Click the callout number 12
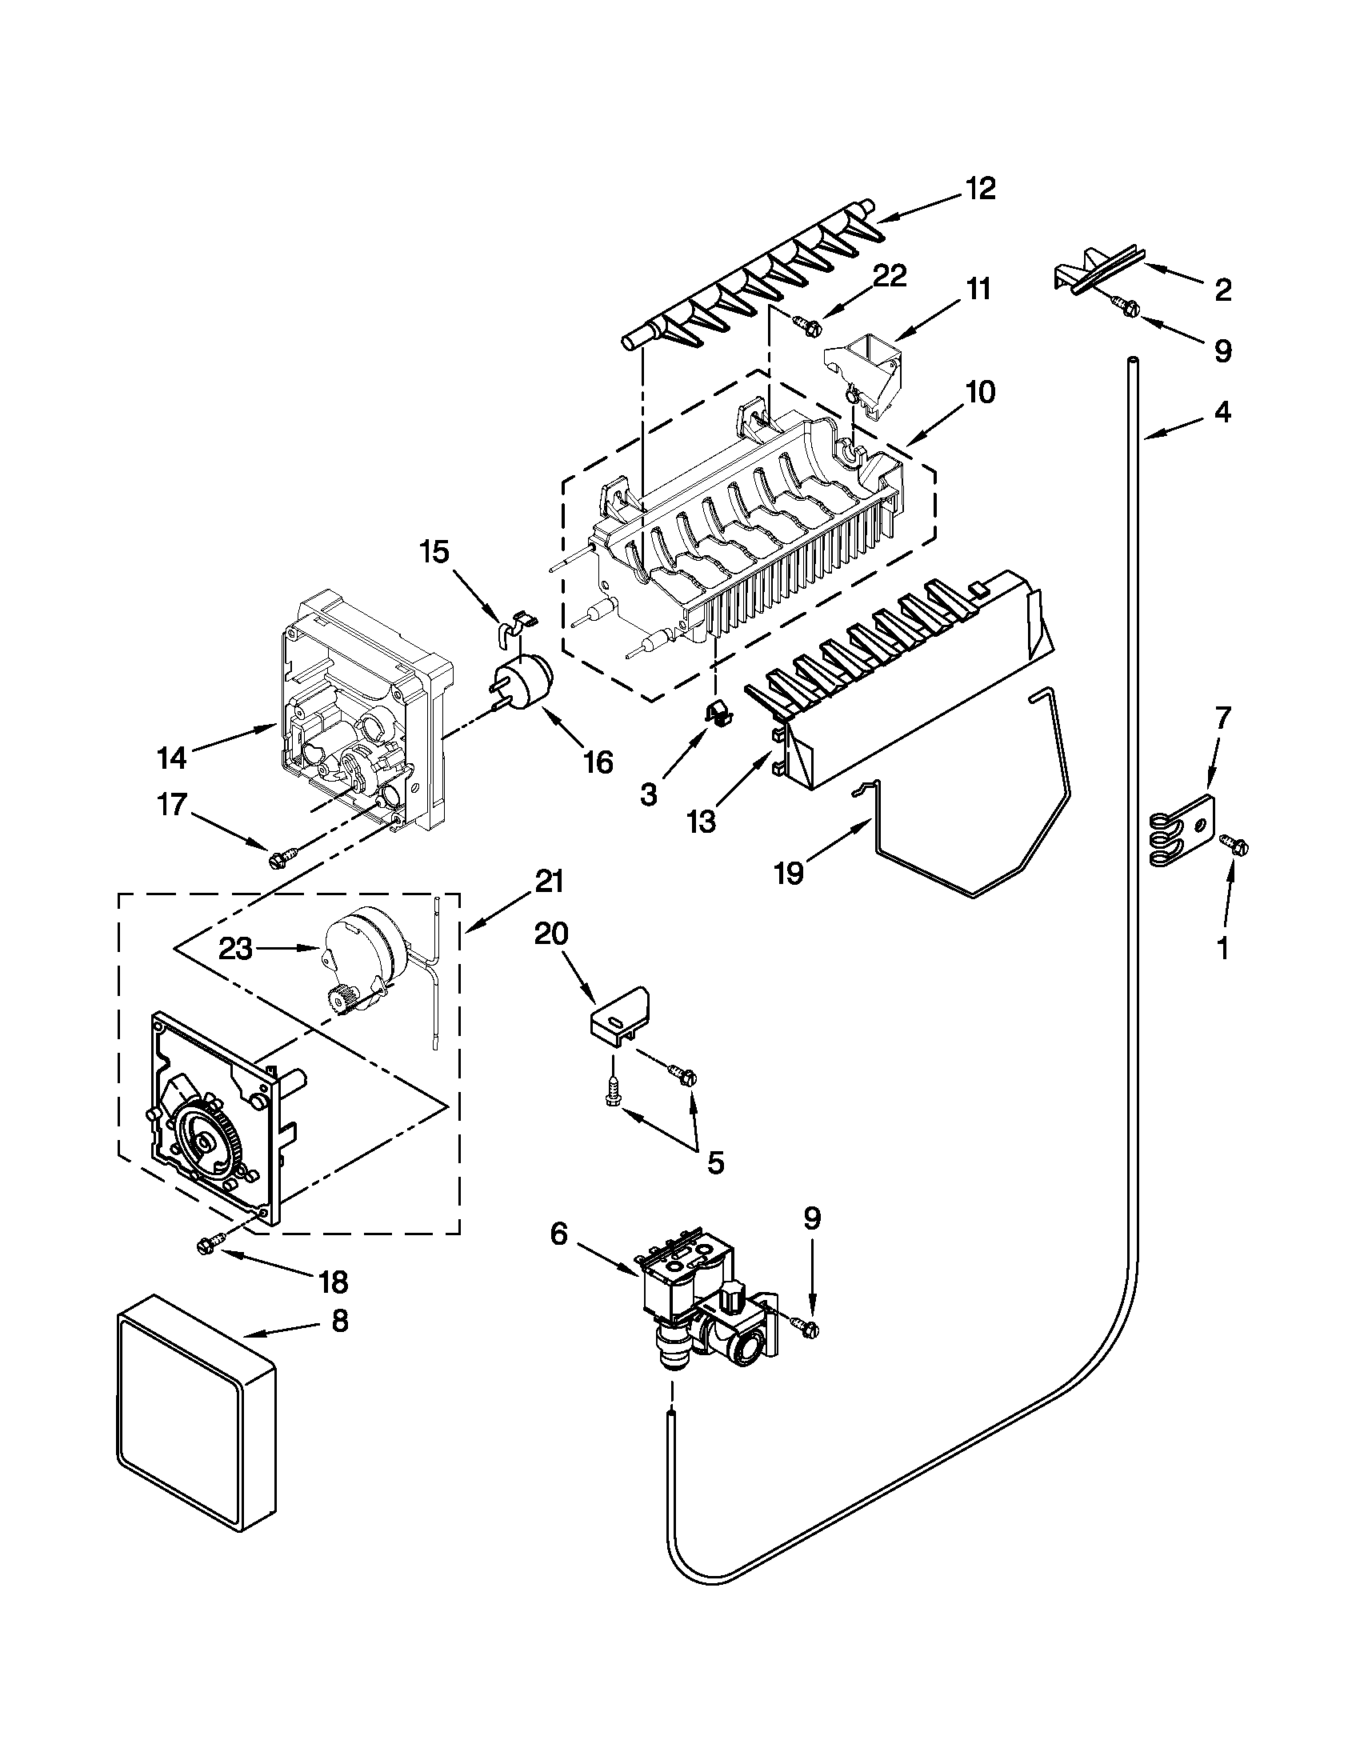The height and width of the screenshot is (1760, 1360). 981,188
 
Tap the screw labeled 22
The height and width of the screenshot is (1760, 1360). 806,325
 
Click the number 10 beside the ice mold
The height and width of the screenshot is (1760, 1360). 979,393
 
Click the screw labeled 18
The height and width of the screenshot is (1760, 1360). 207,1246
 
